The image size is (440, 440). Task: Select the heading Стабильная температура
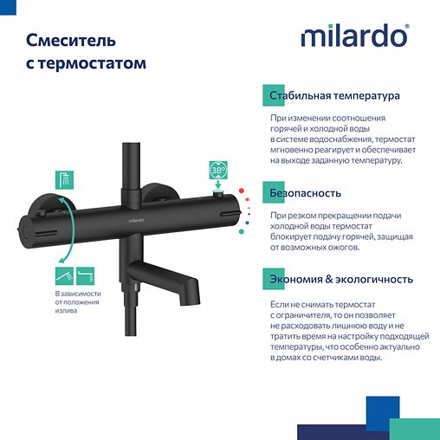pyautogui.click(x=334, y=95)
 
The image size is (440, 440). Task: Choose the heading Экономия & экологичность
pyautogui.click(x=340, y=280)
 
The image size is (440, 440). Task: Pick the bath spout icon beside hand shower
pyautogui.click(x=85, y=275)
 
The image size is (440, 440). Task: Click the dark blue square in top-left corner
pyautogui.click(x=7, y=7)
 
